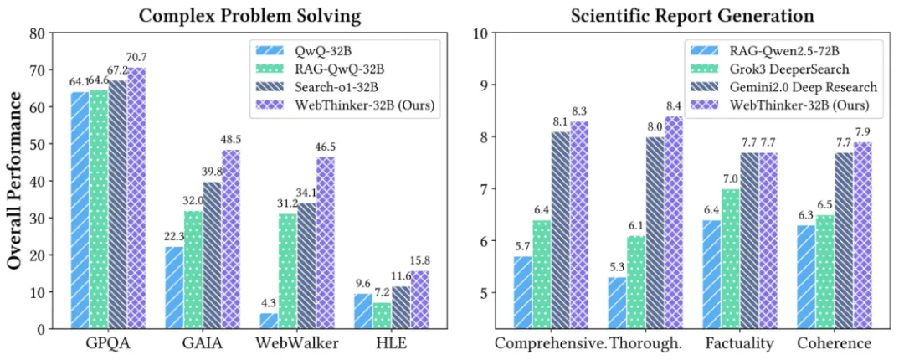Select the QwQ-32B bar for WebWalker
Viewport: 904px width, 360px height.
(269, 321)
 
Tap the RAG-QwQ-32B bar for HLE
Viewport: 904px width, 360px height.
(382, 316)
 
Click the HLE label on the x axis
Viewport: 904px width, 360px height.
(391, 344)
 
